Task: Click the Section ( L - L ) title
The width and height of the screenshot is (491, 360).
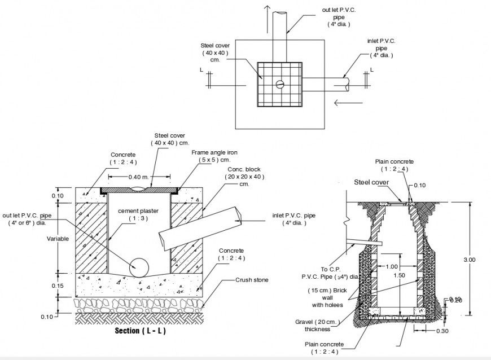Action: pos(140,331)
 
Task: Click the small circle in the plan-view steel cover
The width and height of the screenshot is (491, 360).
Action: pos(280,85)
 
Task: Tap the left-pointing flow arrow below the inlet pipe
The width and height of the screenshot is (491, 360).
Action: pos(349,103)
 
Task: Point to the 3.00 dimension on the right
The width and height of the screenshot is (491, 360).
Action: pos(470,260)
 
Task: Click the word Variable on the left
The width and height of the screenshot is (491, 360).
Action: pos(58,239)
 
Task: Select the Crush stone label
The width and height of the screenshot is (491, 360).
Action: pos(252,280)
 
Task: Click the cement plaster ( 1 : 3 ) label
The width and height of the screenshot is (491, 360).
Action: pos(138,214)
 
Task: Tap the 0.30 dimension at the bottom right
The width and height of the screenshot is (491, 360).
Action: pos(442,331)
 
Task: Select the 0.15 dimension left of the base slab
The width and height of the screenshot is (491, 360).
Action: pos(58,286)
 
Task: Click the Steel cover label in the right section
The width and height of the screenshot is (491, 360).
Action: pos(371,182)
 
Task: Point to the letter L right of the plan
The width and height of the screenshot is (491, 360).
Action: pos(371,69)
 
